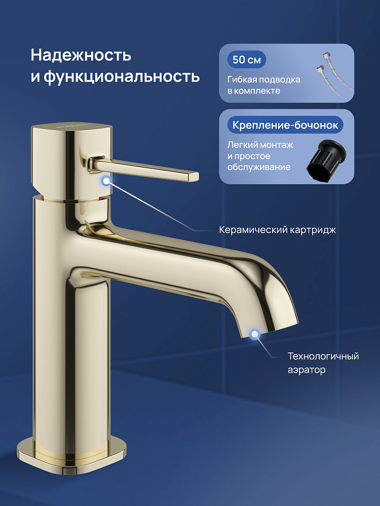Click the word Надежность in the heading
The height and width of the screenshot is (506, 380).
tap(81, 55)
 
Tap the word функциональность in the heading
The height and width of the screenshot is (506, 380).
tap(122, 76)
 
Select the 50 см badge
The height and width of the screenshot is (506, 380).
tap(246, 60)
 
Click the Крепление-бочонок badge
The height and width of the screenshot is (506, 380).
tap(285, 125)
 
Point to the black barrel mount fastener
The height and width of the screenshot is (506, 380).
tap(326, 160)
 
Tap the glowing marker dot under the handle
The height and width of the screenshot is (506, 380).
tap(106, 181)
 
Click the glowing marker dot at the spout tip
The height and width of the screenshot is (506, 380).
tap(255, 334)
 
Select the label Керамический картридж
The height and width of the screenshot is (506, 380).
tap(277, 230)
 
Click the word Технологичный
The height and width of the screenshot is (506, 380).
tap(323, 356)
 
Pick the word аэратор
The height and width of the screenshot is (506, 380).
tap(307, 370)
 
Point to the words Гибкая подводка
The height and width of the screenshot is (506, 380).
tap(263, 79)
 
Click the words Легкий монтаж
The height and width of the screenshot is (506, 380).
tap(260, 145)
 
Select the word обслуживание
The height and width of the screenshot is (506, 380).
tap(259, 167)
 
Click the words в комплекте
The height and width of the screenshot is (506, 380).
tap(254, 91)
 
